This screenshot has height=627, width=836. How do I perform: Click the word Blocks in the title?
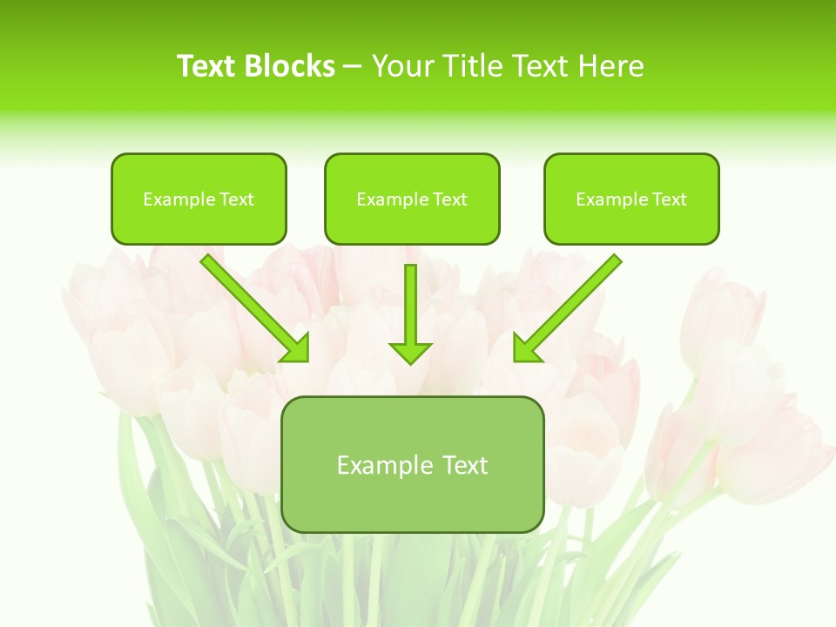(290, 66)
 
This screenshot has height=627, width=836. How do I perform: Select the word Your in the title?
(401, 66)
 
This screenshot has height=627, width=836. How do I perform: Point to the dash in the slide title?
(353, 67)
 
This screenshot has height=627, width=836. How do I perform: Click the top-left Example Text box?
(199, 199)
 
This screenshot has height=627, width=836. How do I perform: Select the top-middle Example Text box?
(412, 199)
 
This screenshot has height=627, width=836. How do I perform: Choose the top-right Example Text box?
(631, 199)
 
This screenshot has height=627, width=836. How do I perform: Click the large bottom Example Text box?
(412, 465)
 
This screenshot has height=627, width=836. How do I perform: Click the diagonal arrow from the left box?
(253, 307)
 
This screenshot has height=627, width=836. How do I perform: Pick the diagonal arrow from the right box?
(569, 307)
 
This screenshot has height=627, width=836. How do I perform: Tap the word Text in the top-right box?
(669, 199)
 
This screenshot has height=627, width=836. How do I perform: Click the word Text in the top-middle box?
(449, 199)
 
